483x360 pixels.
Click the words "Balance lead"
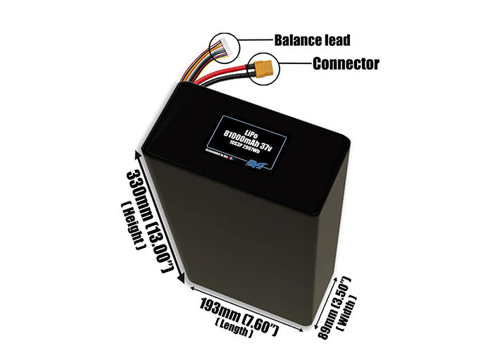[x=313, y=40]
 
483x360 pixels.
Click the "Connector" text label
[x=345, y=63]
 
